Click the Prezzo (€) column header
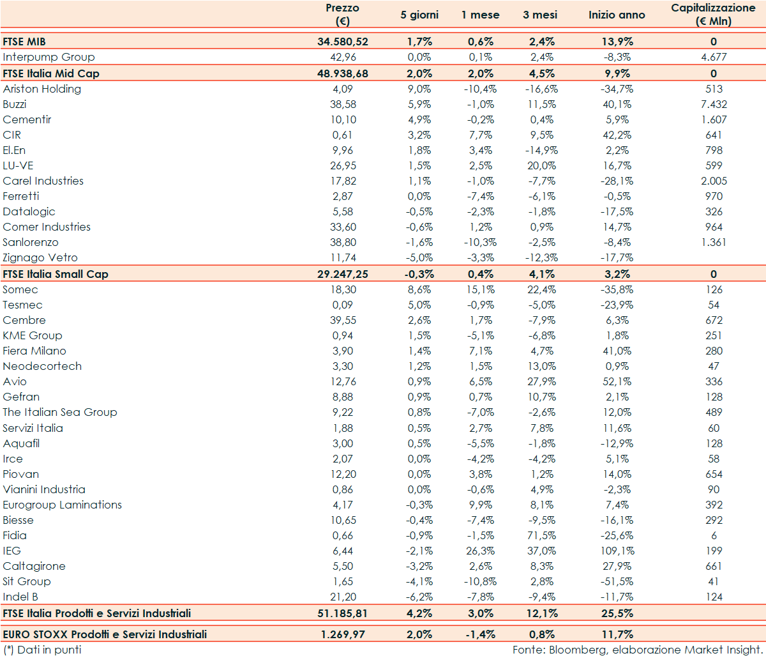point(342,15)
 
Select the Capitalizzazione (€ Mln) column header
point(713,15)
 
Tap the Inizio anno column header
point(616,15)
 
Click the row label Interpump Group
point(49,57)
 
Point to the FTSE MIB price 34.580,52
point(342,42)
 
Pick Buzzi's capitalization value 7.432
point(713,104)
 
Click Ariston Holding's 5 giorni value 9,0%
point(419,89)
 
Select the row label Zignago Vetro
point(40,257)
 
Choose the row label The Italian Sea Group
point(60,412)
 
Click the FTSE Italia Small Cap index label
point(56,274)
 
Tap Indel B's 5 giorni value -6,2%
point(419,597)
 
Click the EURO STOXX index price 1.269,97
point(342,634)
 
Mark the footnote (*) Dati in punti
point(42,650)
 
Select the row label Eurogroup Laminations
point(62,505)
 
